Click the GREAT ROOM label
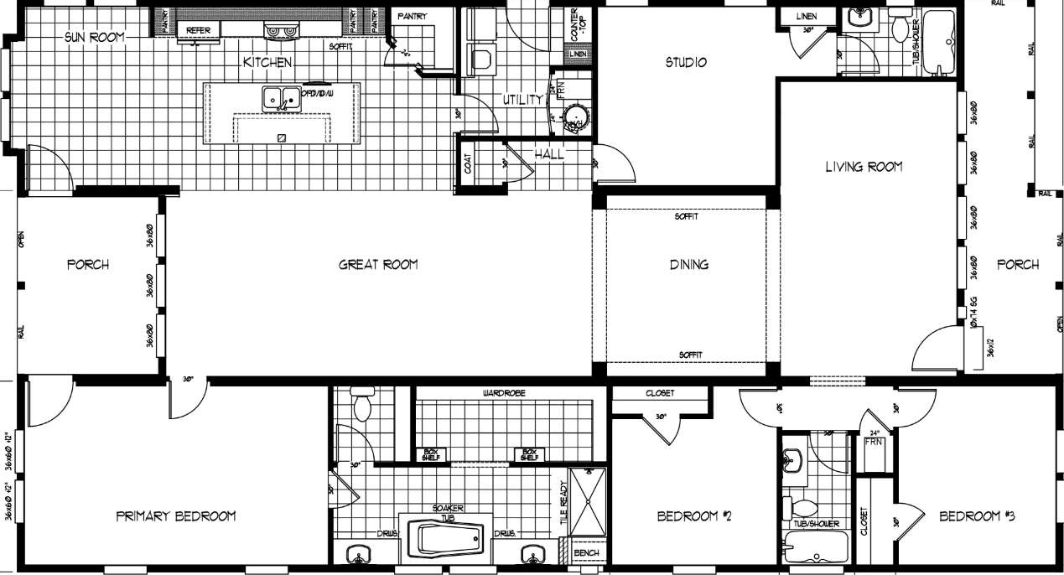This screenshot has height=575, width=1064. (378, 265)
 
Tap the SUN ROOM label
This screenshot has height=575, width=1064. (95, 37)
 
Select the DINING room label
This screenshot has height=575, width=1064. (688, 265)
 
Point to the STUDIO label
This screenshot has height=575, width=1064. (686, 62)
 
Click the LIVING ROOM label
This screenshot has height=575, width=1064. (864, 167)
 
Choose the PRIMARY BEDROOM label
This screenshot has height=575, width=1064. (175, 516)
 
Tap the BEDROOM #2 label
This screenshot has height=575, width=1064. (695, 516)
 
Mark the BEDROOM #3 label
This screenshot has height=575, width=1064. (977, 516)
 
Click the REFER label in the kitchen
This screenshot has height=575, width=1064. (198, 30)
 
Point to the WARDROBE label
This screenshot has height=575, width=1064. (503, 392)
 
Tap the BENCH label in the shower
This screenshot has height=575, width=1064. (586, 553)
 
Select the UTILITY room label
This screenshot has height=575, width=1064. (523, 100)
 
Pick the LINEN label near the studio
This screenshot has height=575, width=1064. (807, 16)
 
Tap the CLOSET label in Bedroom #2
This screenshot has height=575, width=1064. (660, 392)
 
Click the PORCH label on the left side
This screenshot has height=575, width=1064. (88, 265)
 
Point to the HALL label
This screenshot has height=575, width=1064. (549, 154)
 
